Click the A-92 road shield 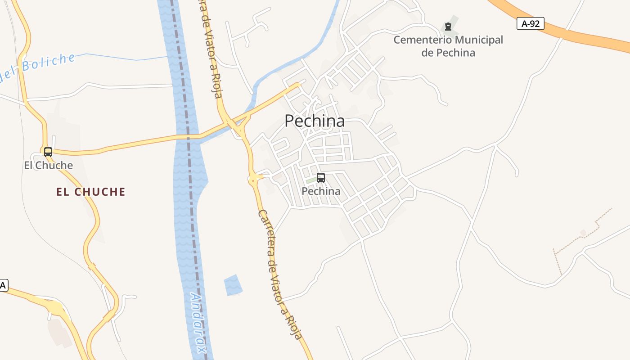(531, 24)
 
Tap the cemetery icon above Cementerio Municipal (448, 27)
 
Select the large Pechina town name (315, 121)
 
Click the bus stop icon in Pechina (321, 178)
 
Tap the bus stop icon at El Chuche (48, 152)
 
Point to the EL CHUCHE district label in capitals (90, 192)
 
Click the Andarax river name (198, 322)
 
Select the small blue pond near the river (233, 285)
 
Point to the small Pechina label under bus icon (321, 191)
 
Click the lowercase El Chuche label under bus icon (48, 165)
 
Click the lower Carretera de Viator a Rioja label (279, 274)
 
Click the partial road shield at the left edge (4, 285)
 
